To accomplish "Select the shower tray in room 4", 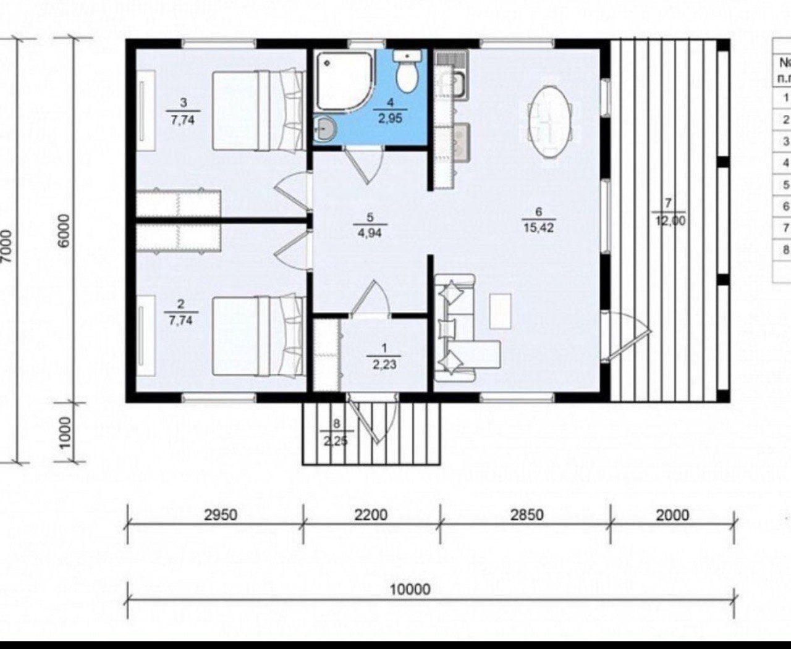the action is click(x=344, y=80).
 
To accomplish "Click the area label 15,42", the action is click(x=539, y=227).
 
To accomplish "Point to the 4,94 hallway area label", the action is click(x=370, y=233).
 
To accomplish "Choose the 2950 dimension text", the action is click(x=221, y=515).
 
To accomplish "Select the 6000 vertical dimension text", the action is click(x=64, y=231).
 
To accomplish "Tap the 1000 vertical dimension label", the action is click(x=65, y=433).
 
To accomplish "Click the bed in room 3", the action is click(x=258, y=111).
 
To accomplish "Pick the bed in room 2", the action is click(x=258, y=336).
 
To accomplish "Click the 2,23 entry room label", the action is click(x=384, y=364).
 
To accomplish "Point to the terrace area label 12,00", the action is click(x=670, y=221).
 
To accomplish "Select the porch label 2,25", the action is click(x=336, y=441).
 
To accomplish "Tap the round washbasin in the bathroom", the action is click(x=326, y=129).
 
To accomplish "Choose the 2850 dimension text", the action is click(x=527, y=515).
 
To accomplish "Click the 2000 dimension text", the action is click(x=672, y=515).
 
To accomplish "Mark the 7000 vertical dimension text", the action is click(x=8, y=247).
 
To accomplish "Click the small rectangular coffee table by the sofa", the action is click(x=500, y=311).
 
